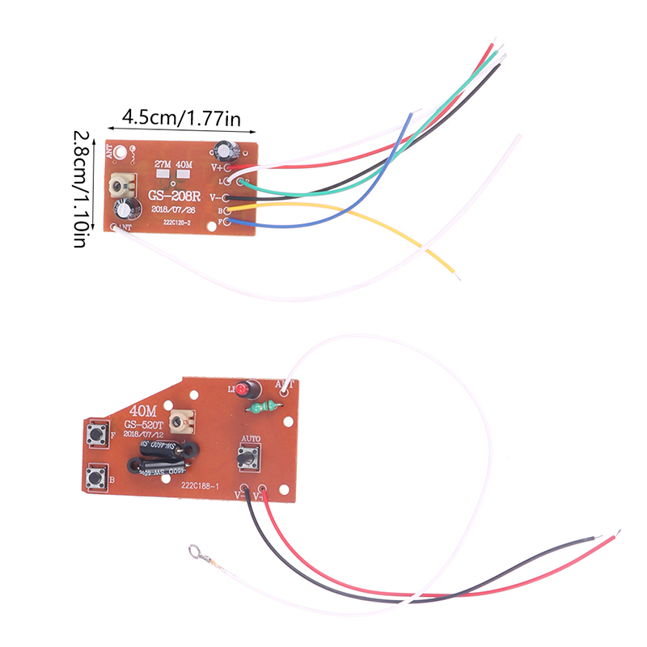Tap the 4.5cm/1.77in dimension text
coord(181,118)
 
